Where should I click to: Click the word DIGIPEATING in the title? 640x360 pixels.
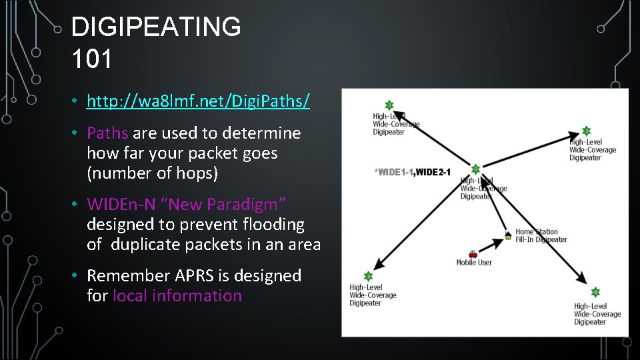click(x=156, y=27)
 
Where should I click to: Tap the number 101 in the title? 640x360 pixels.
click(x=92, y=58)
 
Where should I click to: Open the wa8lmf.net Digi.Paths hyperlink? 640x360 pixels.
click(x=198, y=101)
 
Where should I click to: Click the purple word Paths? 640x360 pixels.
click(x=107, y=133)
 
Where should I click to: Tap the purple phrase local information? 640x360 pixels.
click(x=177, y=296)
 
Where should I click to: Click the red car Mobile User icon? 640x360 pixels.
click(x=473, y=253)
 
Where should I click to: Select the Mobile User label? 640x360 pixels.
click(x=474, y=263)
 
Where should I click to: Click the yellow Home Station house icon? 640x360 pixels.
click(x=508, y=235)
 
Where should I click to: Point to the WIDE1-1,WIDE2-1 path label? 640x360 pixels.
click(x=413, y=173)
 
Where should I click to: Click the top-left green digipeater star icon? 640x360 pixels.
click(x=389, y=105)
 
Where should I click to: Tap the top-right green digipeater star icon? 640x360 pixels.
click(x=586, y=131)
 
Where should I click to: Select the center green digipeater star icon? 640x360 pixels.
click(x=475, y=169)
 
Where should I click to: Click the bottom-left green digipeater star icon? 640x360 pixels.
click(x=367, y=276)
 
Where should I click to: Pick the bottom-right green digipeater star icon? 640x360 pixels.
click(x=595, y=292)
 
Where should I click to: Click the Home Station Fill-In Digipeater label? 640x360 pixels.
click(x=541, y=236)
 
